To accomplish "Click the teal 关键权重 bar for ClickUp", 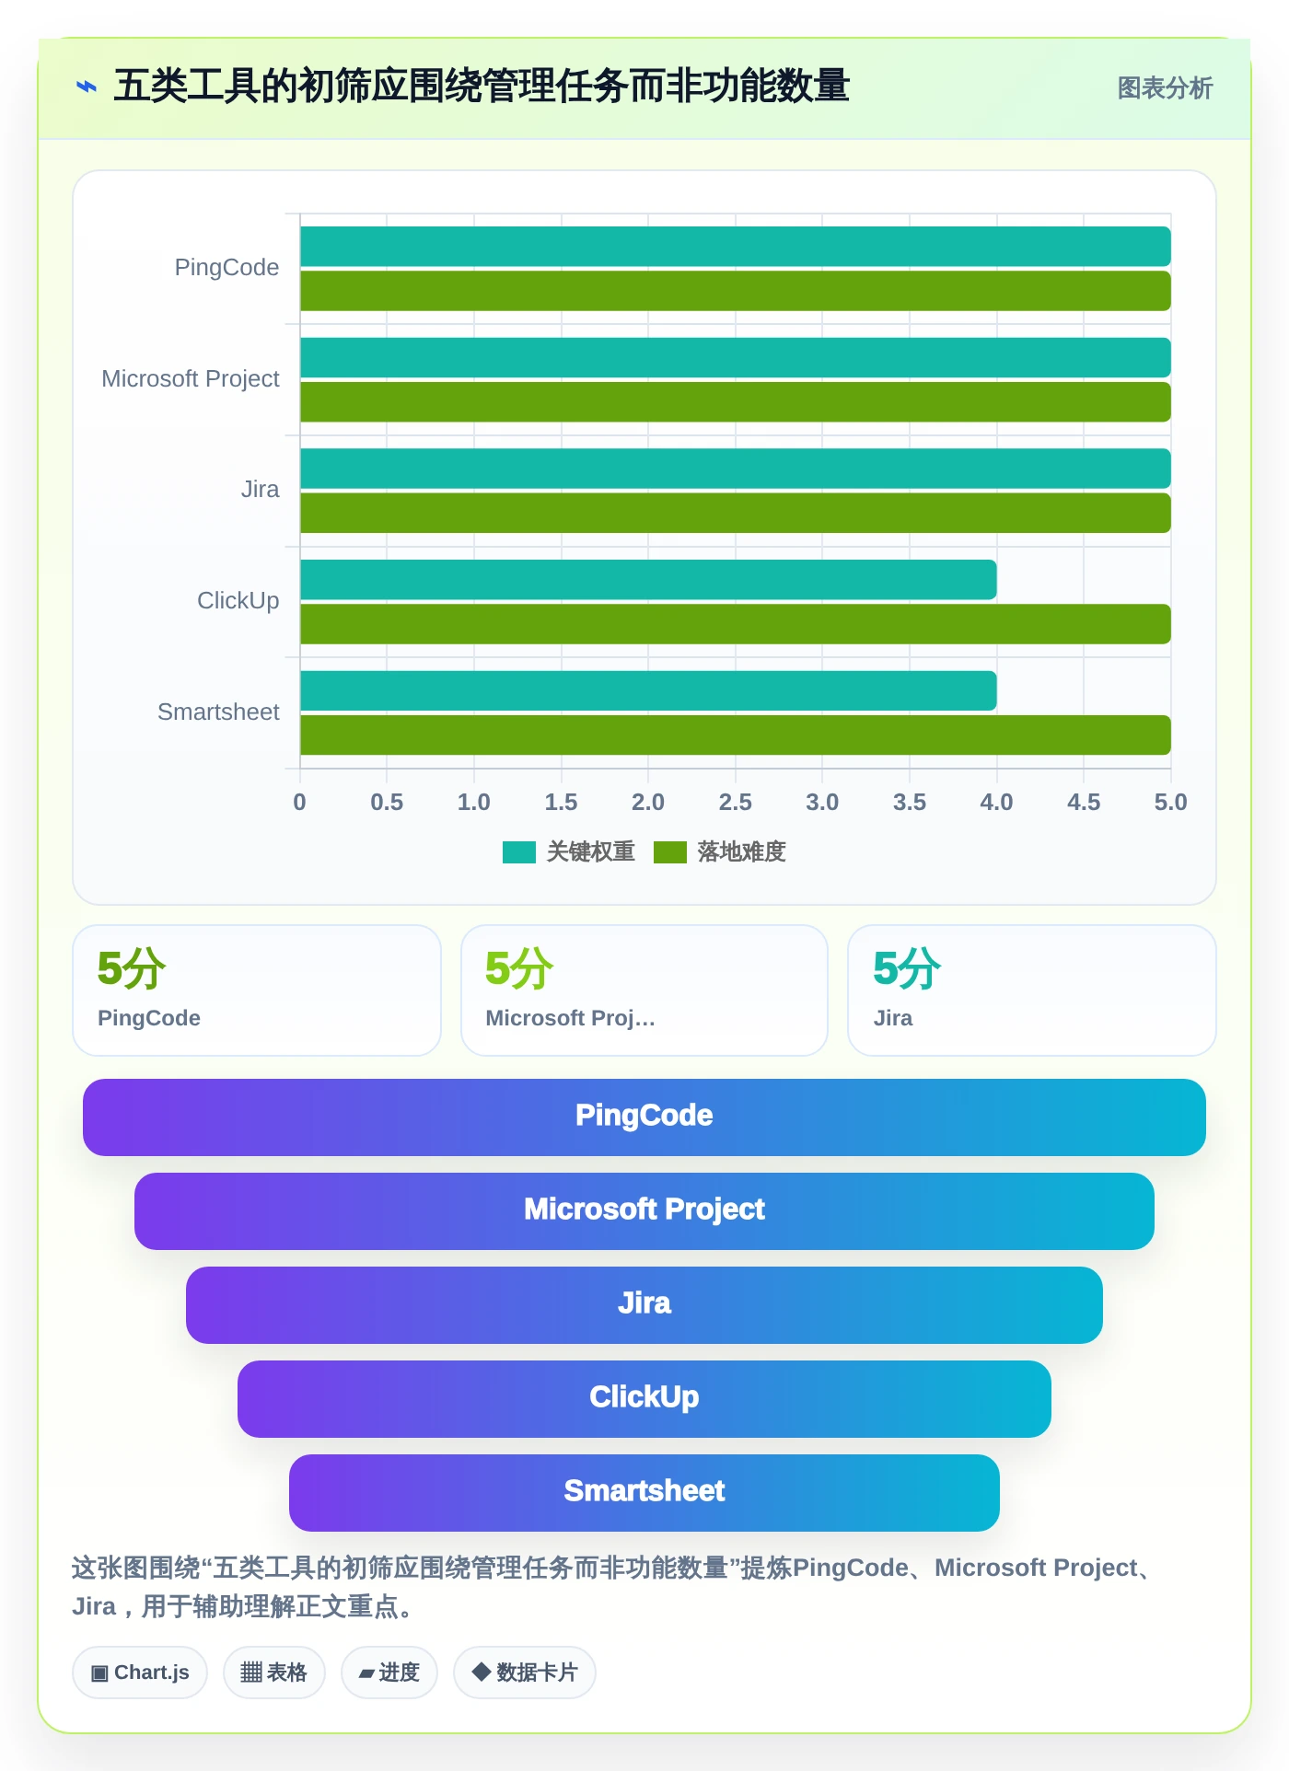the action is point(648,580).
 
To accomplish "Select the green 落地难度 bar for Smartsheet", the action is point(736,735).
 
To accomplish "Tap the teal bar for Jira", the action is point(736,469).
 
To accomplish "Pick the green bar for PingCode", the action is point(736,291).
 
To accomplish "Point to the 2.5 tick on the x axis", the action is point(735,803).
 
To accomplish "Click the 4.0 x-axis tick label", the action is point(996,803).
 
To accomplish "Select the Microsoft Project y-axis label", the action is point(191,379).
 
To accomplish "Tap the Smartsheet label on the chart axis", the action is point(218,712).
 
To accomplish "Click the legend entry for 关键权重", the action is point(569,852).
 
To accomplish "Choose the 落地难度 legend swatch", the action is point(670,852).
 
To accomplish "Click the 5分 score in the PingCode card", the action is point(132,969).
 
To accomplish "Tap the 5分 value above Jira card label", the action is point(907,969).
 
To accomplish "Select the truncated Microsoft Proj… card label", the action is point(570,1018).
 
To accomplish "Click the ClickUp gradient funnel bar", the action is point(644,1399).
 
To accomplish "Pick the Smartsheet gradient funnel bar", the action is point(644,1493).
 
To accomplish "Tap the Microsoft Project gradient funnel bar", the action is point(644,1211).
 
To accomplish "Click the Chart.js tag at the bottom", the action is point(140,1673).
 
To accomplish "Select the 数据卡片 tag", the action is point(525,1673).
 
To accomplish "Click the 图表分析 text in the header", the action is point(1165,88).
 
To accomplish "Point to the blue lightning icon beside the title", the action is point(87,87).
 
